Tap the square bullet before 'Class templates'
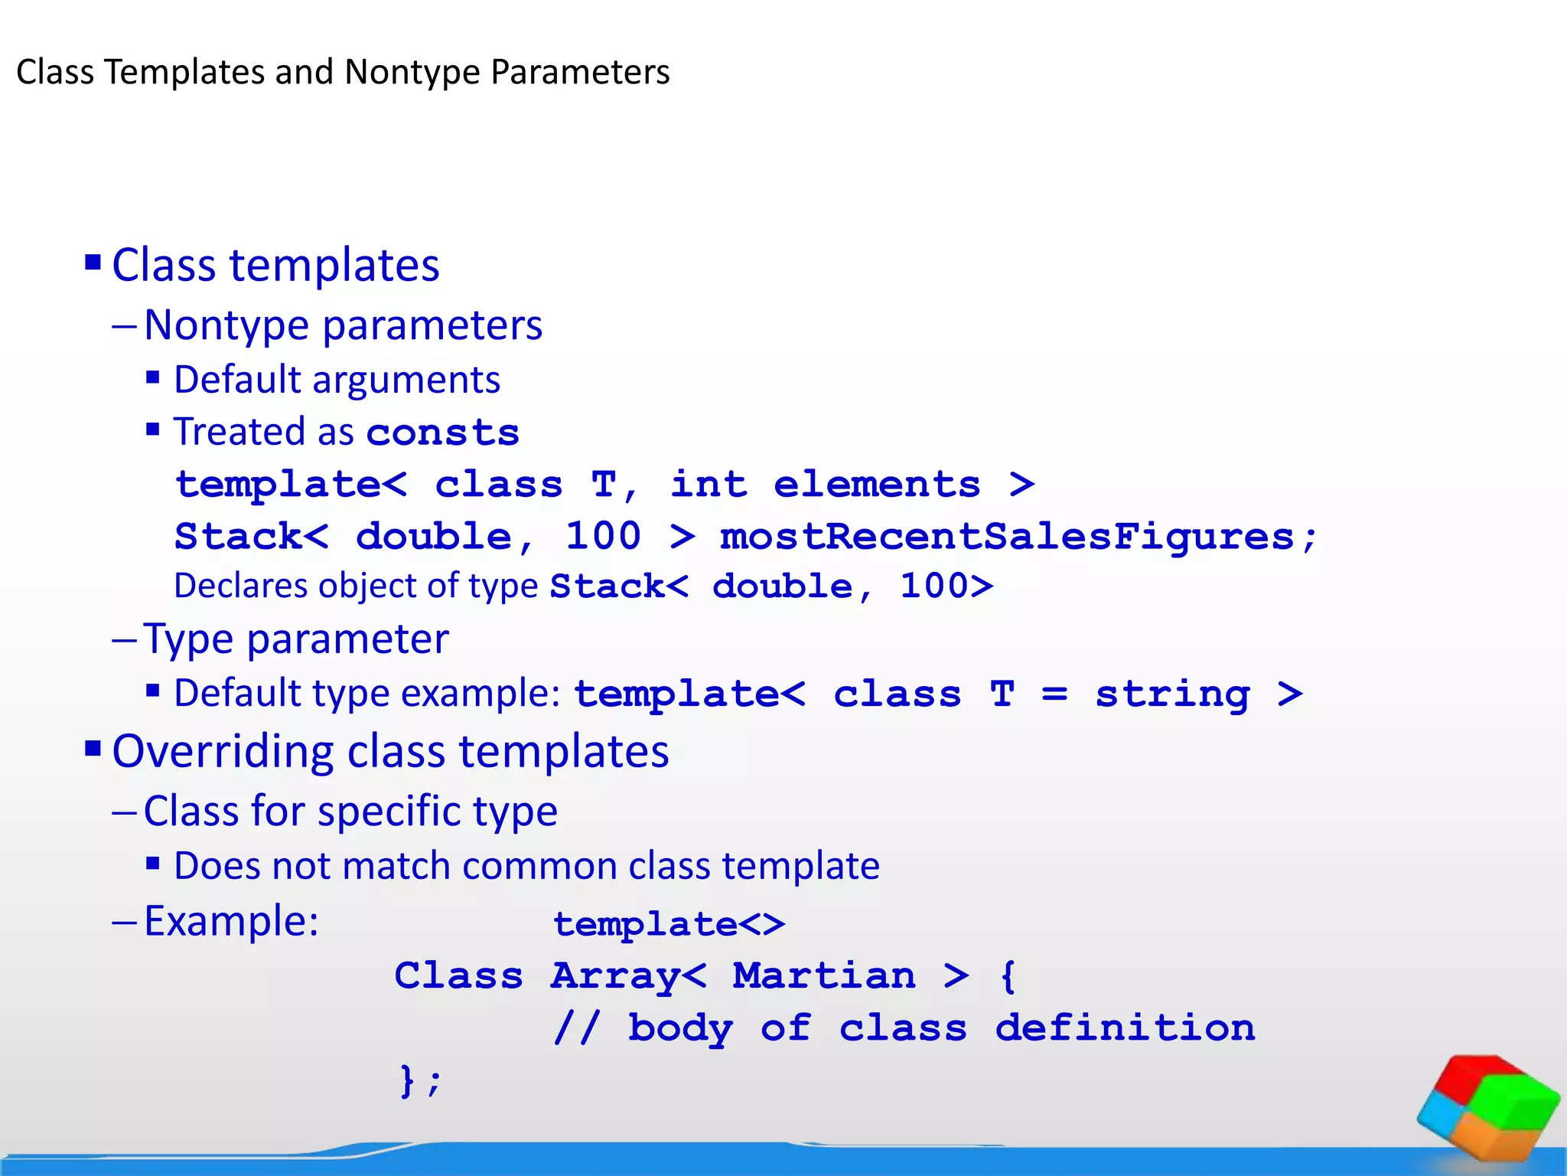tap(93, 263)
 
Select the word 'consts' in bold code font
tap(443, 433)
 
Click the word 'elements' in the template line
tap(877, 485)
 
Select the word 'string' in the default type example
tap(1172, 694)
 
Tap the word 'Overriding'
tap(223, 751)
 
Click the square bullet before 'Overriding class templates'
tap(93, 748)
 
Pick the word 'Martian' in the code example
tap(824, 976)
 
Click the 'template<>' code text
tap(669, 924)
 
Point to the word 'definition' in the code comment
tap(1125, 1028)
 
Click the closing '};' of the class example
tap(420, 1080)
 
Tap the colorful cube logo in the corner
tap(1487, 1107)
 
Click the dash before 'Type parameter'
tap(124, 640)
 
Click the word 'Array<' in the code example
tap(628, 976)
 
